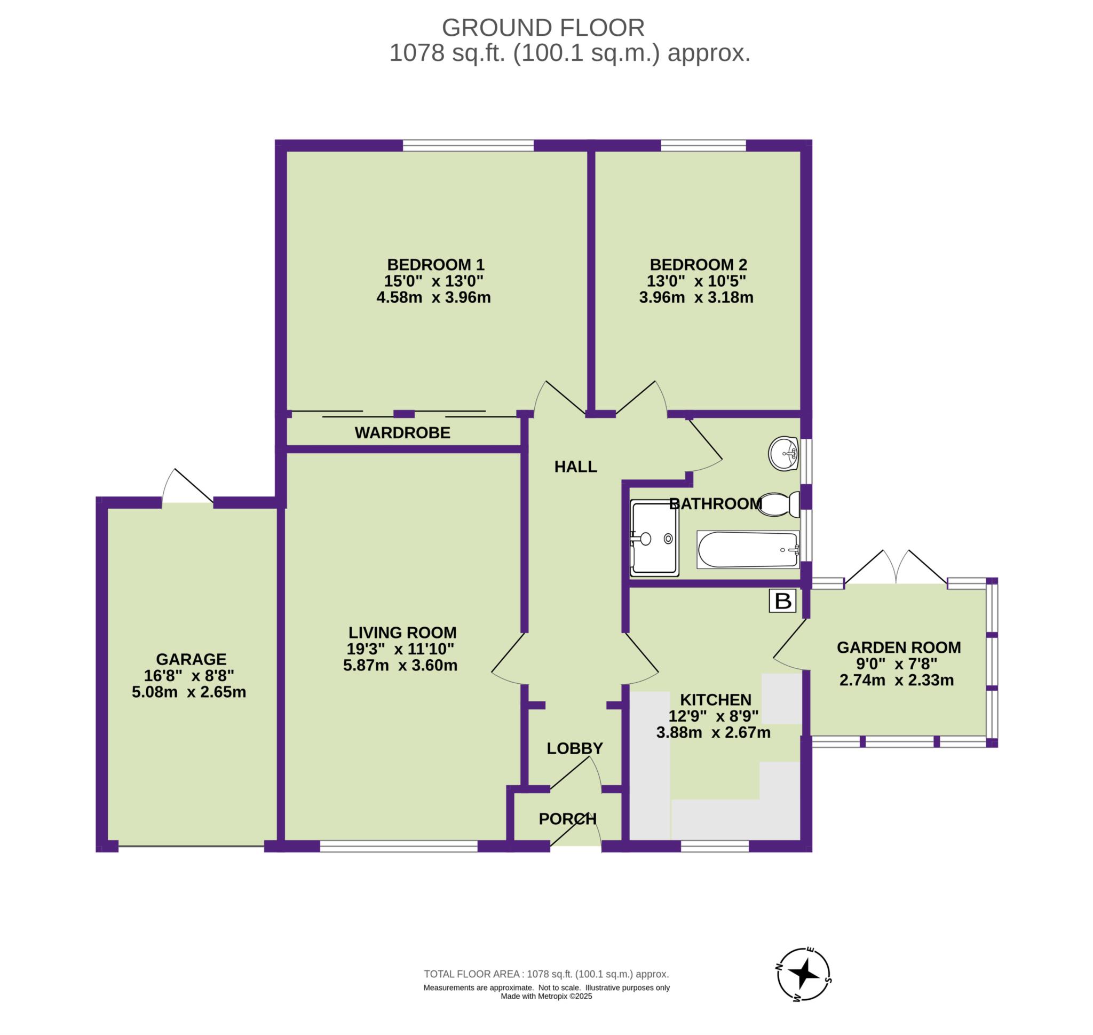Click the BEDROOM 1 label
[435, 264]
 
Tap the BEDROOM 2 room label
[698, 264]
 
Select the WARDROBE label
[402, 433]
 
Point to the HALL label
[575, 467]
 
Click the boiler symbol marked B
[782, 601]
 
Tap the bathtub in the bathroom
[748, 549]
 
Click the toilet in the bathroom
[779, 504]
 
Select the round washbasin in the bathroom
[783, 454]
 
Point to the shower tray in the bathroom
[654, 538]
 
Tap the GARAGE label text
[191, 659]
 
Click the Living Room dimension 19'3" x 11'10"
[400, 649]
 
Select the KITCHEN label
[716, 700]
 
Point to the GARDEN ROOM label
[899, 647]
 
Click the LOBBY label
[575, 749]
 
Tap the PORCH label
[568, 819]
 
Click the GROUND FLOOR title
[543, 28]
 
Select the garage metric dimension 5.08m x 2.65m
[189, 692]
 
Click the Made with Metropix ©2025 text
[546, 997]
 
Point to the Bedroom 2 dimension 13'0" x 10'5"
[696, 281]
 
